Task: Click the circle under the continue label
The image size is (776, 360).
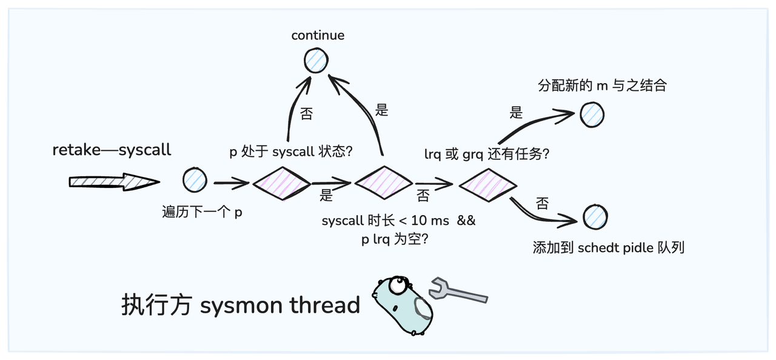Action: (x=316, y=61)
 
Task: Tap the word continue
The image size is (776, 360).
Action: (x=318, y=35)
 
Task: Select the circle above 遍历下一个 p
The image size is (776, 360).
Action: (x=195, y=180)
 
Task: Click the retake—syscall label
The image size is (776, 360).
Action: (x=112, y=150)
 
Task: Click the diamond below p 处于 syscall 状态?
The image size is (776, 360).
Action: (x=281, y=182)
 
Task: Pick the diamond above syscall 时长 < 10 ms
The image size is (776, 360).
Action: (x=383, y=182)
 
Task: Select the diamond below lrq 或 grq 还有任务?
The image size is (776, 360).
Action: (x=487, y=183)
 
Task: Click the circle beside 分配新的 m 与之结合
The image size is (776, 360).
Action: (x=592, y=114)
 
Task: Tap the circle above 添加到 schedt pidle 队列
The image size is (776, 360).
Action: (x=595, y=217)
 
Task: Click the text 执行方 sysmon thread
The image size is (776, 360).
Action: (x=241, y=305)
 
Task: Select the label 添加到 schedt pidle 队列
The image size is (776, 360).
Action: (x=608, y=247)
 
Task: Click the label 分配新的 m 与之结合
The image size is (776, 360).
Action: (x=602, y=85)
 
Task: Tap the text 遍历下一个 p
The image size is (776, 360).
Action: (x=202, y=212)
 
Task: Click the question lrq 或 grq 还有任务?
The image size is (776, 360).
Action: (x=486, y=154)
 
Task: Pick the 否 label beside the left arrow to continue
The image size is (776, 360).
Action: (x=307, y=114)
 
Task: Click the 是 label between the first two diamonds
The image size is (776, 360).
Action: (x=326, y=196)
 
